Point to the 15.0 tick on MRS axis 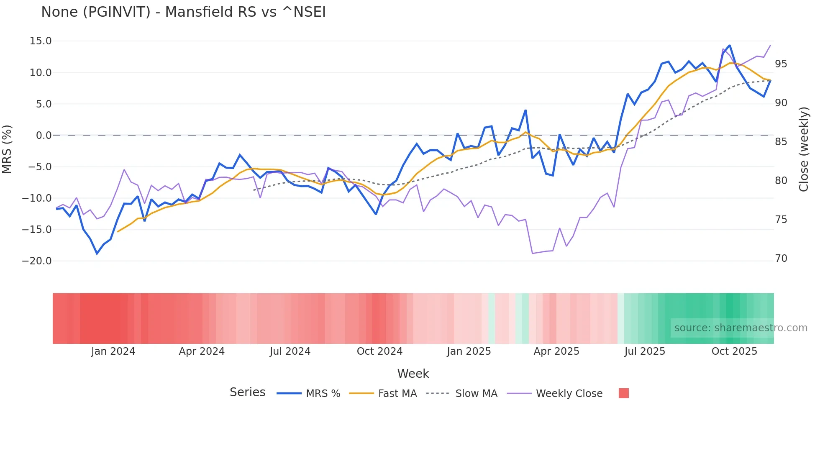click(41, 41)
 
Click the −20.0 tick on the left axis click(37, 261)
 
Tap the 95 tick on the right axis click(781, 64)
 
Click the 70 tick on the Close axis click(781, 259)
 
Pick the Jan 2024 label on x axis click(113, 351)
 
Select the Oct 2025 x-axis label click(734, 351)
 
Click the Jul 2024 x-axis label click(290, 351)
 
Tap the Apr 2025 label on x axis click(556, 351)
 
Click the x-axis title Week click(413, 374)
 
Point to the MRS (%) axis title click(7, 149)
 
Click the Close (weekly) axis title click(803, 149)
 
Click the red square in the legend click(623, 393)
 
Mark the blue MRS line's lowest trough click(97, 254)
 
